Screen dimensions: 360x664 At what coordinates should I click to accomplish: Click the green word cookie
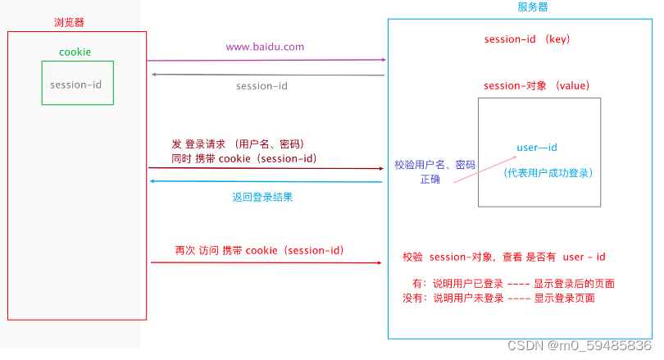click(x=75, y=52)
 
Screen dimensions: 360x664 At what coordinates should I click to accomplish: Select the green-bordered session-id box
click(x=78, y=83)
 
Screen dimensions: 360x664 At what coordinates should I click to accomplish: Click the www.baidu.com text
click(x=265, y=47)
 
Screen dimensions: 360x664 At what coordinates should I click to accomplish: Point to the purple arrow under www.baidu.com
click(x=266, y=60)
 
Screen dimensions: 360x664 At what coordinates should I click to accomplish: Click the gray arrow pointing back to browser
click(x=266, y=75)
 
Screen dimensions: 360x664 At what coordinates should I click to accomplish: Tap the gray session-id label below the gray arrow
click(x=262, y=86)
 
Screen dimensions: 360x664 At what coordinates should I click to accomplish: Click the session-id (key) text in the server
click(x=527, y=39)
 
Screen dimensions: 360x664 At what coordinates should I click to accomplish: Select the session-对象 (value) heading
click(x=537, y=85)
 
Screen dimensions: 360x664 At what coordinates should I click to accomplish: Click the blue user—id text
click(x=537, y=147)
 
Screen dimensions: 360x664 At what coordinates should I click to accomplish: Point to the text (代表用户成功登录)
click(x=548, y=173)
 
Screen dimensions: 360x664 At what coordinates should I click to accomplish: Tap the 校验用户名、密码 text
click(x=434, y=164)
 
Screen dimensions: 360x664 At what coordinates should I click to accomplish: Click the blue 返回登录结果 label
click(x=262, y=198)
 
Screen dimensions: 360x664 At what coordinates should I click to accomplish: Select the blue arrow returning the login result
click(x=266, y=182)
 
